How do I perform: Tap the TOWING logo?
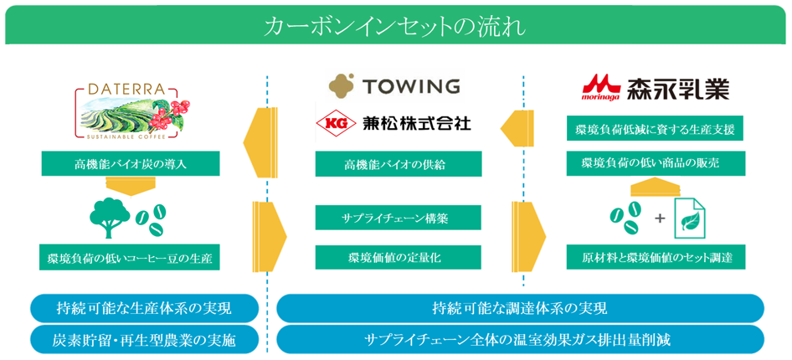394,86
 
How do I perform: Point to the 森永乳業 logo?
656,88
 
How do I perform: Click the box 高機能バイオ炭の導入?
131,163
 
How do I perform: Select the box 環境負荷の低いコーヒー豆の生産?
131,258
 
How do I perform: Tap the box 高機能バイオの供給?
399,163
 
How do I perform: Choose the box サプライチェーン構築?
399,218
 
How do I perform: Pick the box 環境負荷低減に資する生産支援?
655,130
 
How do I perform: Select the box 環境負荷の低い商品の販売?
655,163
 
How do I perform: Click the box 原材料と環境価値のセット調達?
655,258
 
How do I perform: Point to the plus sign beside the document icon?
660,219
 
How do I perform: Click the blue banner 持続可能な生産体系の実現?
145,308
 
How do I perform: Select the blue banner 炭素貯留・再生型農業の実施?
145,339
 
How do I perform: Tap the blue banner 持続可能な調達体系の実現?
520,308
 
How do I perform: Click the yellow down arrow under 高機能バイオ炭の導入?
131,186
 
